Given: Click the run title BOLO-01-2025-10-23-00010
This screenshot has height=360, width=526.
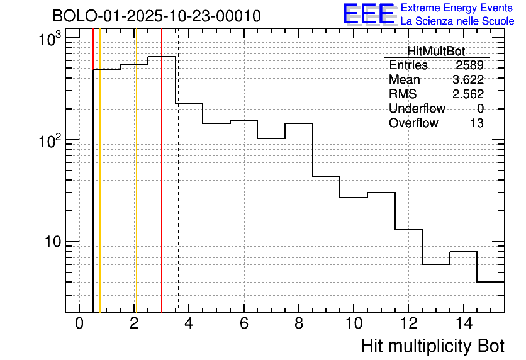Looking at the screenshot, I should [156, 16].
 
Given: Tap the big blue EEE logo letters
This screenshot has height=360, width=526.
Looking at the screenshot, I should [369, 14].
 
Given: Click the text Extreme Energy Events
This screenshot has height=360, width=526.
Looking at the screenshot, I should [457, 8].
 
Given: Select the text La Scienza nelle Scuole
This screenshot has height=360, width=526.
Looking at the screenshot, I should [457, 21].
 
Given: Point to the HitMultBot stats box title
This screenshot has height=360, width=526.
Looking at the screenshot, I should [436, 52].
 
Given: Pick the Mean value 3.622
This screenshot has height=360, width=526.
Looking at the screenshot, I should [467, 80].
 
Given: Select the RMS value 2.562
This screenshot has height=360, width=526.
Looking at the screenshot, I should [467, 94].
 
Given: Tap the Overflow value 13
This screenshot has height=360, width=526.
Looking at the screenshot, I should [477, 123].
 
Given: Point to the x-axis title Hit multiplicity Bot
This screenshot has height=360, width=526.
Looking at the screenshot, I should [432, 346].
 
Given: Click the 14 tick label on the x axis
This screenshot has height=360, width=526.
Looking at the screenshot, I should [462, 324].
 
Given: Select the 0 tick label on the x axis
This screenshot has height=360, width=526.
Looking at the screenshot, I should [79, 324].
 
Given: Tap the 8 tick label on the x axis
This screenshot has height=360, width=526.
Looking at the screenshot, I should [298, 324].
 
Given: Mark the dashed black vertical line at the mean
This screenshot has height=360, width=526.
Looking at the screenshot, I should [179, 189].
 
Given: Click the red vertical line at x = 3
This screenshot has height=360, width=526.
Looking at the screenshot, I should [162, 189].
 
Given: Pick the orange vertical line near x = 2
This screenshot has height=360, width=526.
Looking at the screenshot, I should [136, 189].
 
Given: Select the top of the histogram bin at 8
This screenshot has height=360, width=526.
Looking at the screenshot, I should [299, 123].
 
